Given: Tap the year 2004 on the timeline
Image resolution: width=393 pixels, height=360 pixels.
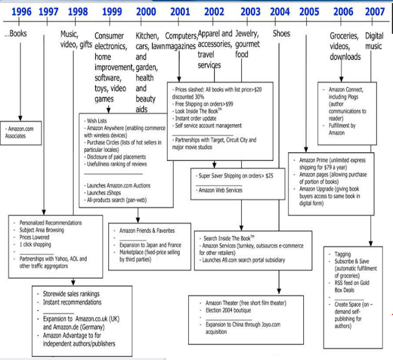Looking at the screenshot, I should tap(280, 11).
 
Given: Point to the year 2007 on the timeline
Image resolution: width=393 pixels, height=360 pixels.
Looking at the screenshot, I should tap(375, 11).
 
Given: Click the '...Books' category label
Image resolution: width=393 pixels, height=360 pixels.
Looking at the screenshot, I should tap(16, 34).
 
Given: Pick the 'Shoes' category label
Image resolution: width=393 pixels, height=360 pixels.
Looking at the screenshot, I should tap(282, 34).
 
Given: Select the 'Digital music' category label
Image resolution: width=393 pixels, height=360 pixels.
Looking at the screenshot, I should tap(374, 40).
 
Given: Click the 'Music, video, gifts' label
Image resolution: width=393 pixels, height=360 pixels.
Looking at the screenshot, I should tap(76, 39).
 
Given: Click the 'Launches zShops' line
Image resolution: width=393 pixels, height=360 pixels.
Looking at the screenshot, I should tap(108, 192).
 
